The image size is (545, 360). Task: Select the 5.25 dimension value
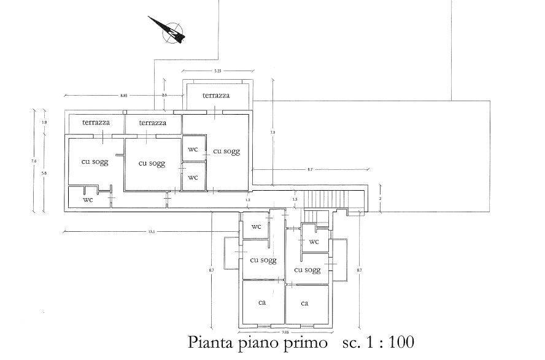click(x=217, y=72)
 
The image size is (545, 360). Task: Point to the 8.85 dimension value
click(x=123, y=96)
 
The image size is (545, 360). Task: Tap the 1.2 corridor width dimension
click(x=248, y=200)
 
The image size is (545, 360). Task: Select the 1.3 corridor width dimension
click(x=295, y=199)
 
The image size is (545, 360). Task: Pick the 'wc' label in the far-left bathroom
click(x=88, y=199)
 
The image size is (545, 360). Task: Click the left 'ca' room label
click(x=261, y=302)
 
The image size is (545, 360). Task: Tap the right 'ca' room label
click(x=304, y=303)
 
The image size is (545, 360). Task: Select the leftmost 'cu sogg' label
click(x=95, y=162)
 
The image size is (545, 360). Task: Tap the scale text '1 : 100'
click(x=387, y=341)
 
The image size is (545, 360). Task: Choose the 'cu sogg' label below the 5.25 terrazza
click(x=226, y=151)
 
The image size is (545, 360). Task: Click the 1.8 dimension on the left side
click(x=44, y=123)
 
